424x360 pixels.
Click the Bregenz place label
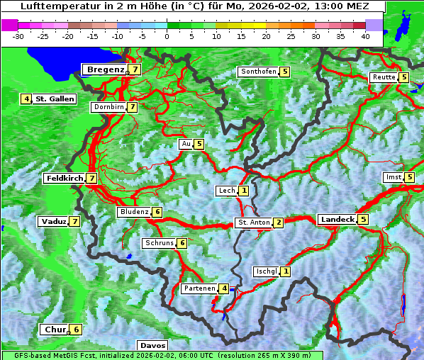click(105, 69)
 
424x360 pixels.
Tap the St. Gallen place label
click(55, 99)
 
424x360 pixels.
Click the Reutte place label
click(384, 77)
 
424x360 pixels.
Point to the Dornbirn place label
click(108, 107)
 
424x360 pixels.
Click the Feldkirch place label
click(65, 179)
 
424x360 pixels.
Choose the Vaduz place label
click(53, 222)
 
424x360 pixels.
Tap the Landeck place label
click(337, 220)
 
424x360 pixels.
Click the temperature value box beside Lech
click(244, 191)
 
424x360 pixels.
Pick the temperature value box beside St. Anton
click(279, 223)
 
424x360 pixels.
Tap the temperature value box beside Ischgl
click(285, 271)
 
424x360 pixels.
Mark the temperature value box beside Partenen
click(223, 288)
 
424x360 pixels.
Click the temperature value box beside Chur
click(76, 330)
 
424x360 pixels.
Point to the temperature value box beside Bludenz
click(157, 212)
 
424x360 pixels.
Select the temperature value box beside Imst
click(410, 177)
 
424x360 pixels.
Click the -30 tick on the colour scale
click(18, 35)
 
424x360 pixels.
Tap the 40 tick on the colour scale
click(365, 35)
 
